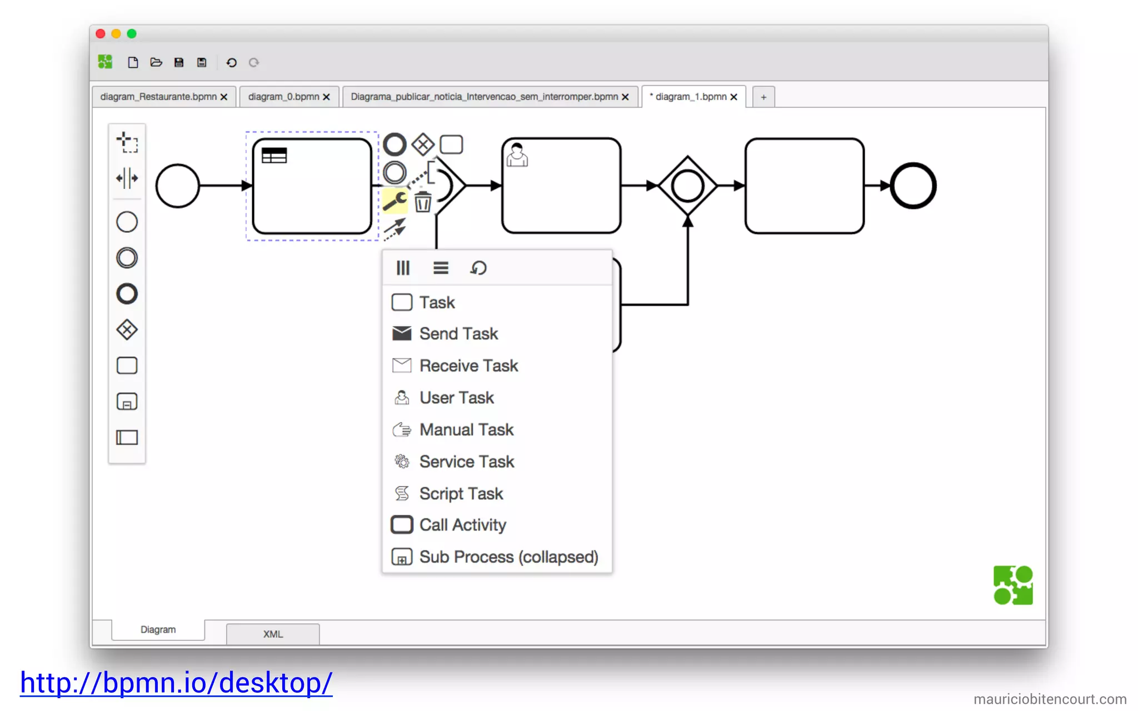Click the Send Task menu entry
coord(458,334)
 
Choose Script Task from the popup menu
coord(461,493)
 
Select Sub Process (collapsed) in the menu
coord(508,557)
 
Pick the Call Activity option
coord(462,525)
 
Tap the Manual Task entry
coord(466,429)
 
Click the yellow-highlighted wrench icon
coord(395,201)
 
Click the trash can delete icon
coord(423,202)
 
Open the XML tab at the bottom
coord(273,634)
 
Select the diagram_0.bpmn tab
coord(283,97)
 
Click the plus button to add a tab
coord(763,97)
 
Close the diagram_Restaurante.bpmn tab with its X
coord(224,97)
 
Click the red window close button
coord(101,34)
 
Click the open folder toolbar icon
coord(156,62)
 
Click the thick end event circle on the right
coord(913,186)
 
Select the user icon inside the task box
coord(517,155)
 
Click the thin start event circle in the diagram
coord(178,186)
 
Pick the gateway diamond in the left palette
coord(127,330)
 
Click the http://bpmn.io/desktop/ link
coord(176,682)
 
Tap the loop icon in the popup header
coord(478,268)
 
